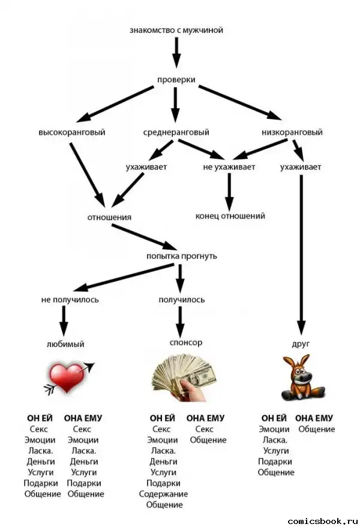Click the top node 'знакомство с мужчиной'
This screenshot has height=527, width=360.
tap(176, 29)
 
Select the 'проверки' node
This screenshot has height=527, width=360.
tap(176, 80)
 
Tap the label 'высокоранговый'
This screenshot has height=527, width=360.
tap(71, 132)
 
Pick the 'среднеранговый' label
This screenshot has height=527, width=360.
tap(176, 132)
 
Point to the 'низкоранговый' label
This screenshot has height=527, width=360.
tap(292, 132)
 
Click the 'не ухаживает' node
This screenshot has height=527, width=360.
tap(229, 167)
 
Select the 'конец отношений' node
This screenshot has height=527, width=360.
tap(230, 216)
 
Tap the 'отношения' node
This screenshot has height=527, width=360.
tap(109, 217)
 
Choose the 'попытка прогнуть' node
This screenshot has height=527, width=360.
tap(182, 256)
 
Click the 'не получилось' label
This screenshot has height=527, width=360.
tap(70, 300)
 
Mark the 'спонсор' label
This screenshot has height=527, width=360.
tap(186, 343)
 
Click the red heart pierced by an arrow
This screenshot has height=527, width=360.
tap(68, 378)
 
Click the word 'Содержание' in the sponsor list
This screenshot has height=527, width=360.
tap(163, 494)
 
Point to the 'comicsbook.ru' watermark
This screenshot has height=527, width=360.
tap(322, 520)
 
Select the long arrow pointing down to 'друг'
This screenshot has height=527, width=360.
tap(301, 252)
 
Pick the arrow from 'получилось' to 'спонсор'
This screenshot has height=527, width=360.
tap(179, 321)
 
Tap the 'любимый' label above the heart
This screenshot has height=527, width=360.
tap(65, 345)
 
